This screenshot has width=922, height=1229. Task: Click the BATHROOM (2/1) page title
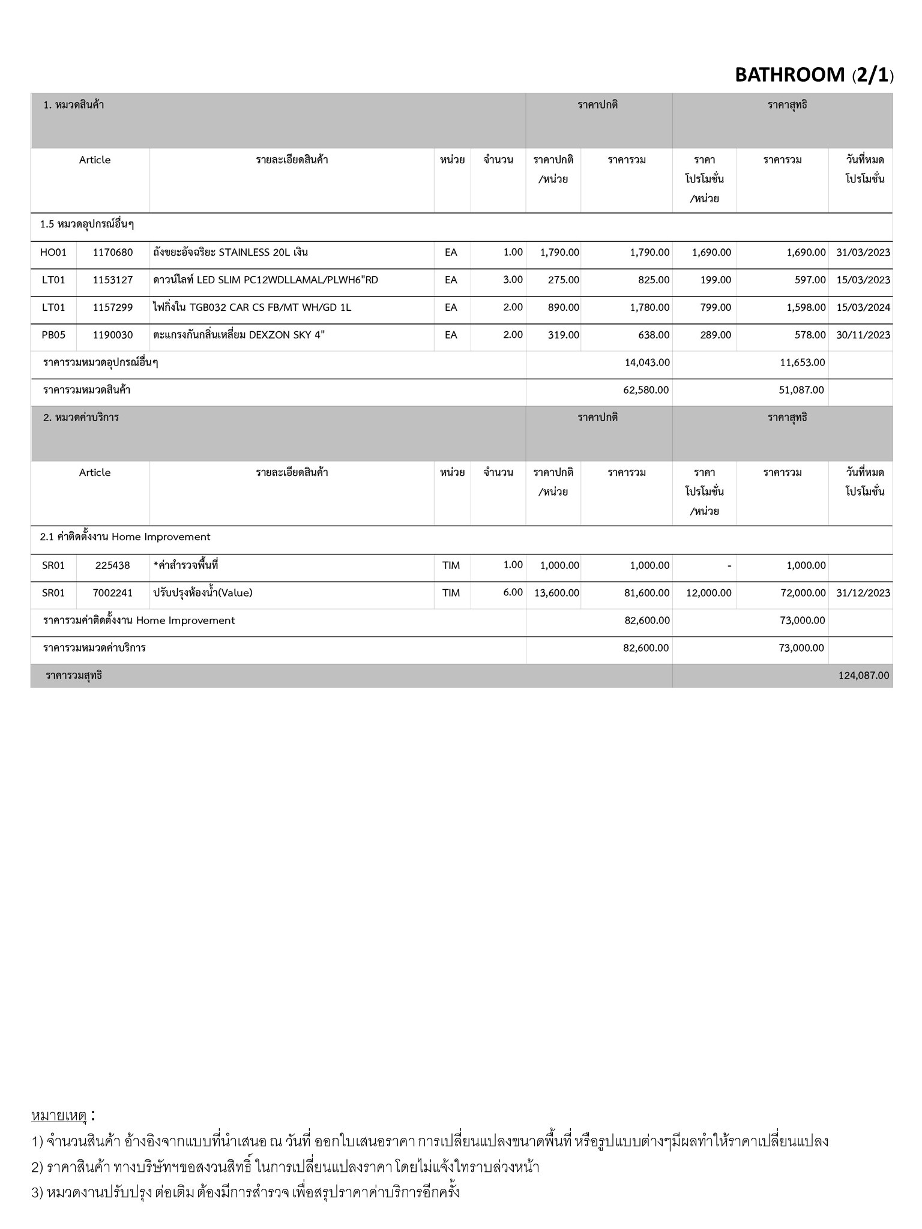click(x=813, y=75)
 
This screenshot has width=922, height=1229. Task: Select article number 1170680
click(x=113, y=253)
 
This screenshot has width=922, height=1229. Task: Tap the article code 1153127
click(x=113, y=280)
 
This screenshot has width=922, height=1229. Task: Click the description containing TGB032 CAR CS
click(x=252, y=308)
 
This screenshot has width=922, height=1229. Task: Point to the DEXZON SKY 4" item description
click(x=239, y=335)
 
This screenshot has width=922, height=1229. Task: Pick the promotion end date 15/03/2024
click(x=863, y=308)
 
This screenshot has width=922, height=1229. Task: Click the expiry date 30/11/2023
click(x=863, y=335)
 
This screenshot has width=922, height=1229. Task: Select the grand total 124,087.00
click(x=863, y=676)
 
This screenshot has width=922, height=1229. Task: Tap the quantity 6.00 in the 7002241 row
click(x=513, y=592)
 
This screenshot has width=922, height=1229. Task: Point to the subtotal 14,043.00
click(x=647, y=362)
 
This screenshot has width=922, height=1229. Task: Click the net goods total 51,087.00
click(x=801, y=390)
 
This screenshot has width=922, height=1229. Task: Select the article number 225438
click(x=112, y=565)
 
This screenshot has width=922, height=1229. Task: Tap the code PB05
click(x=53, y=335)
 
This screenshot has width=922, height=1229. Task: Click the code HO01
click(x=53, y=253)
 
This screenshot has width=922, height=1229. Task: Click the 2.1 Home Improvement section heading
click(x=125, y=537)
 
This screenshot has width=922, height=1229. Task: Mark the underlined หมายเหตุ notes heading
click(x=59, y=1116)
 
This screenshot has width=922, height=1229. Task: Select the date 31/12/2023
click(x=863, y=593)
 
